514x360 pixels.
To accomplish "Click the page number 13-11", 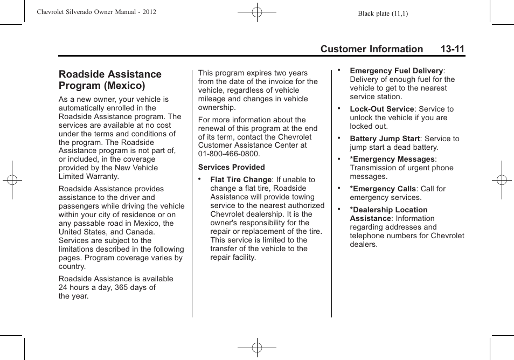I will coord(452,49).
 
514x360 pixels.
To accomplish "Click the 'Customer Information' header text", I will coord(371,49).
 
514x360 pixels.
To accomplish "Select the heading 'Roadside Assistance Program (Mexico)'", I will coord(110,80).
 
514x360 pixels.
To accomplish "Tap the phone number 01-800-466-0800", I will coord(228,154).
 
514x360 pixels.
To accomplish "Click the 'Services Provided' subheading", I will coord(231,167).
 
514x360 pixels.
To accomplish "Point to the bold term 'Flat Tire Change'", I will coord(241,179).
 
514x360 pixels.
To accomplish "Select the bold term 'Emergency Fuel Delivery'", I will coord(396,71).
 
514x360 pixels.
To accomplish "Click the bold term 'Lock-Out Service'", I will coord(381,109).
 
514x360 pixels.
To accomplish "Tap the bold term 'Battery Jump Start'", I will coord(385,139).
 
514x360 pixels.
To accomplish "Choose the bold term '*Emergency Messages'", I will coord(392,159).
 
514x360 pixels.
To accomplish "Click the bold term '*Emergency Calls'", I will coord(383,189).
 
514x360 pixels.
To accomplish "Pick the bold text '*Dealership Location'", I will coord(388,210).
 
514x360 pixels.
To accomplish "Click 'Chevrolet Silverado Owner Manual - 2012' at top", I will coord(96,11).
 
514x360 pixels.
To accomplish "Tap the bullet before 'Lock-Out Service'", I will coord(339,108).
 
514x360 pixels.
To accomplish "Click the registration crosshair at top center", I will coord(257,11).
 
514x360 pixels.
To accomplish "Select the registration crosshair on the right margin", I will coord(501,180).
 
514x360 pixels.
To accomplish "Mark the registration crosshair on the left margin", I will coord(12,180).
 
